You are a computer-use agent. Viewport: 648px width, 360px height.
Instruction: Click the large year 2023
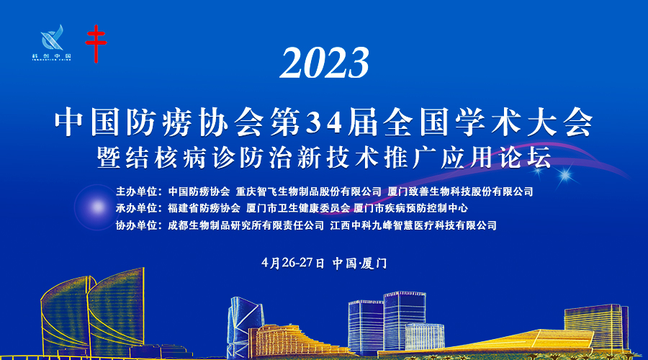(325, 63)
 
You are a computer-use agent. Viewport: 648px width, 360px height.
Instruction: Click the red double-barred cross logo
(96, 43)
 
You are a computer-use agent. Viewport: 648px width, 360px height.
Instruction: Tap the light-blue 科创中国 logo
(52, 42)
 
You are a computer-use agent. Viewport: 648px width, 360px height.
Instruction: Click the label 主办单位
(136, 192)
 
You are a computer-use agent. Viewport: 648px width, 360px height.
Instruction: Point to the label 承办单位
(136, 208)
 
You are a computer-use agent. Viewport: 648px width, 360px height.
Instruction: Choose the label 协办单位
(136, 225)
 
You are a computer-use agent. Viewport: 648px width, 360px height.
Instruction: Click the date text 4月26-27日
(293, 264)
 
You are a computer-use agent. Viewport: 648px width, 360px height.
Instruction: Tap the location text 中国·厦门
(359, 264)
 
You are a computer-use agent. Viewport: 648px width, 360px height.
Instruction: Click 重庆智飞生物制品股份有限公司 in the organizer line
(308, 192)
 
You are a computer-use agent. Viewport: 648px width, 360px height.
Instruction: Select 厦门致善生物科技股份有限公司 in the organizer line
(460, 192)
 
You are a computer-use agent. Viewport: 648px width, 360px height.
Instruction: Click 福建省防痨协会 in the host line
(204, 208)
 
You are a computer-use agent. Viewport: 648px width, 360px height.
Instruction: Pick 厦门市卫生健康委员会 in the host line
(298, 208)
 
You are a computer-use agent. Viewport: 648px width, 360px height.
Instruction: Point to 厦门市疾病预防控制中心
(411, 208)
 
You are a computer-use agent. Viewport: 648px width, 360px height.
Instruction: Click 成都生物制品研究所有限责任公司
(246, 225)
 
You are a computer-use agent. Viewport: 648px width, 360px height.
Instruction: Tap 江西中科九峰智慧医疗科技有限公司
(413, 225)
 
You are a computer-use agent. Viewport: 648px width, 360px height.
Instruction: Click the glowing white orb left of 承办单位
(97, 207)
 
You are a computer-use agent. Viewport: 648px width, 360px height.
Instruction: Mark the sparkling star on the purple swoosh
(564, 175)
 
